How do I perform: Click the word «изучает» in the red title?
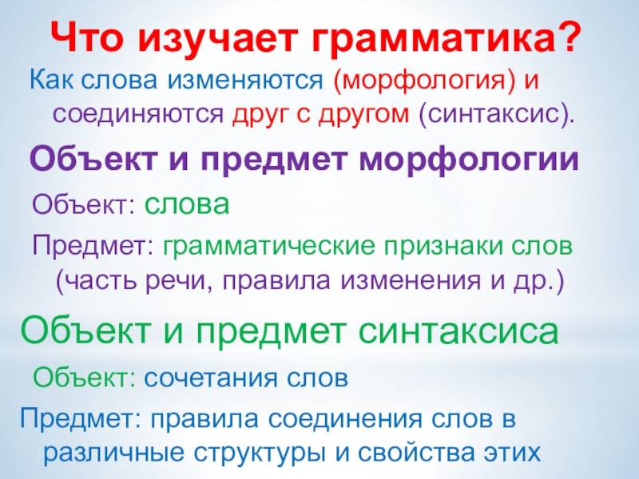(x=206, y=38)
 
